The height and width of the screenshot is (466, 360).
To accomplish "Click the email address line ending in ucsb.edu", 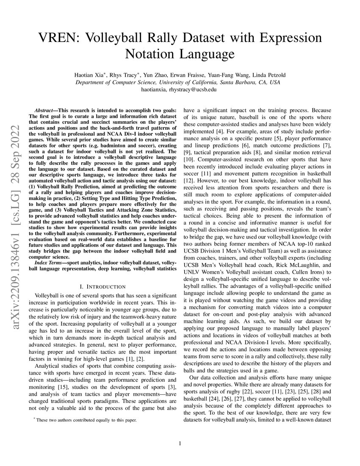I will point(180,89).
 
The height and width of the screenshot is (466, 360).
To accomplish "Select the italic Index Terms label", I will point(47,263).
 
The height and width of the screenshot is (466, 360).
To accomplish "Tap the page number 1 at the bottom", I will point(180,444).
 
